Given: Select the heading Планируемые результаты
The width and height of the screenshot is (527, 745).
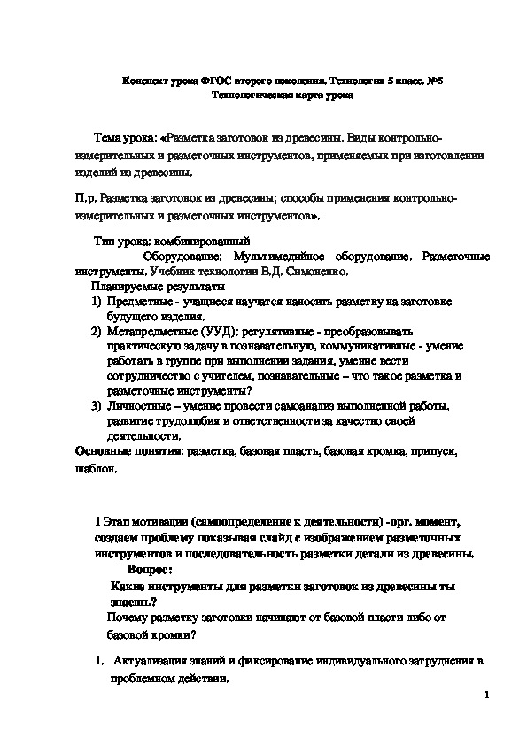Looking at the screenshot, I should (157, 287).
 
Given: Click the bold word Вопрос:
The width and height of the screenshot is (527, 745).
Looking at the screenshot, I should (151, 571).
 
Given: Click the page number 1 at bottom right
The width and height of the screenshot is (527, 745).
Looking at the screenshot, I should (487, 697).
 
